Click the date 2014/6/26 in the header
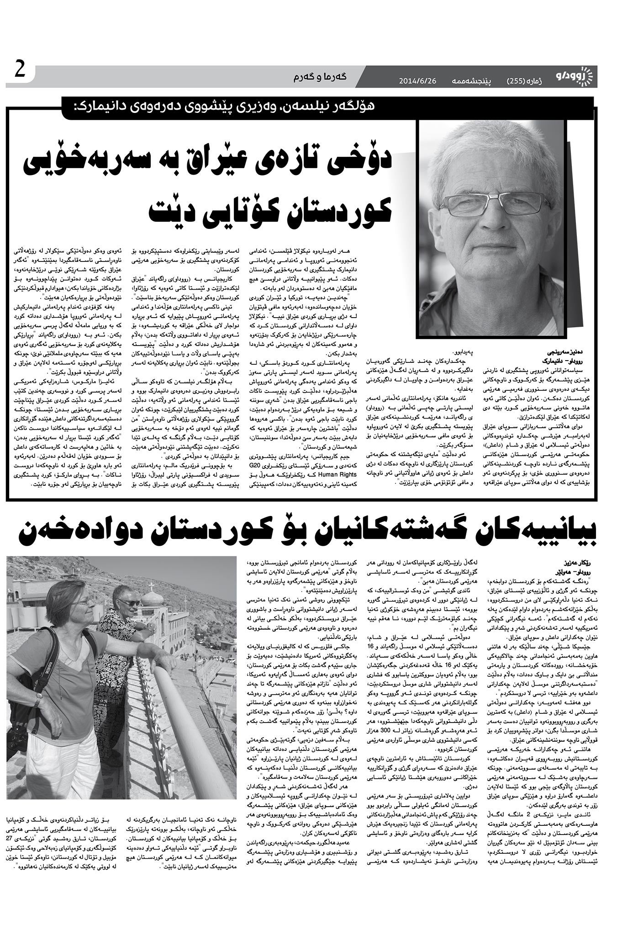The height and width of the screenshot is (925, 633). pos(418,81)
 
